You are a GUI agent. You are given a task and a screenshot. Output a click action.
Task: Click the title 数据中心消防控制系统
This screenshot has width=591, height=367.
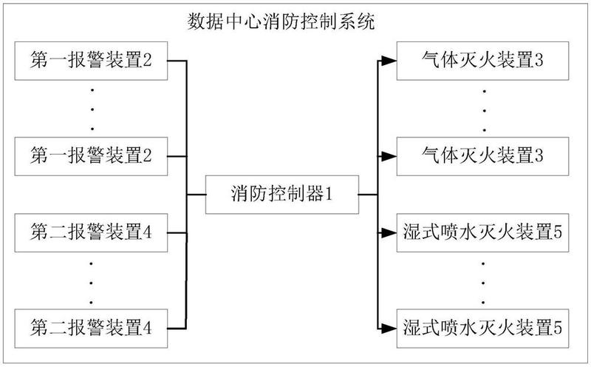pyautogui.click(x=281, y=21)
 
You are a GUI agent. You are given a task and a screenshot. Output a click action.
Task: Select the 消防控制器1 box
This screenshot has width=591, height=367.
pyautogui.click(x=281, y=195)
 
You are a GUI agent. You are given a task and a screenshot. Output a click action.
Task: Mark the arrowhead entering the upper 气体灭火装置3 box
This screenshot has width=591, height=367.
pyautogui.click(x=391, y=61)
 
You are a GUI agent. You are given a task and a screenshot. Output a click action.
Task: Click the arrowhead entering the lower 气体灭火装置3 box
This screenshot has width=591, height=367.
pyautogui.click(x=391, y=156)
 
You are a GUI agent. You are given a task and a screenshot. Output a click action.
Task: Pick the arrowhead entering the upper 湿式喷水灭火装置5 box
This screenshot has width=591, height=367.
pyautogui.click(x=391, y=232)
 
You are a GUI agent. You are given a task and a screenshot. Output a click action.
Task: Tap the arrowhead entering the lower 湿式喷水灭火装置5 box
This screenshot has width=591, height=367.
pyautogui.click(x=391, y=326)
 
